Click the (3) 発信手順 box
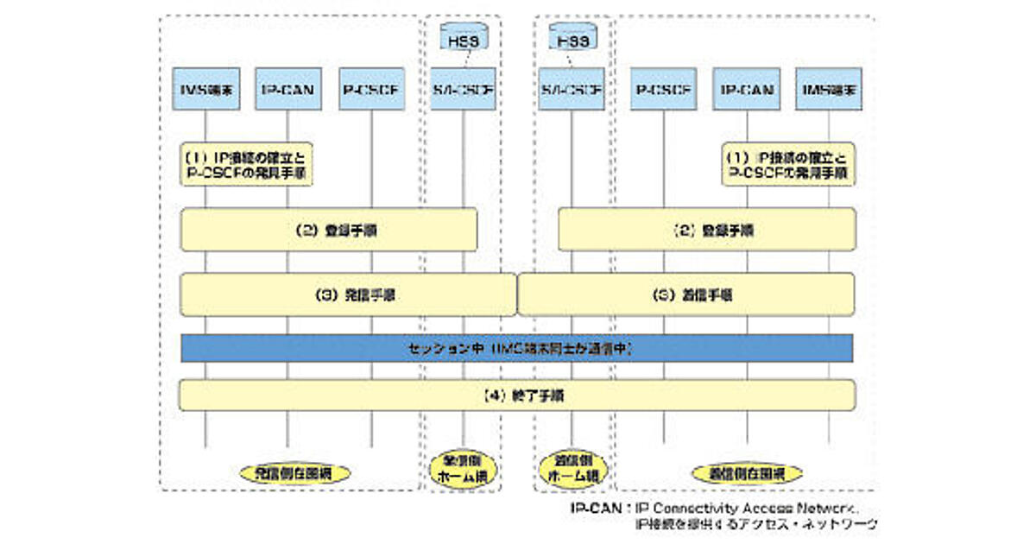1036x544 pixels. tap(348, 294)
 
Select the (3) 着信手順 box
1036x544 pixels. tap(686, 294)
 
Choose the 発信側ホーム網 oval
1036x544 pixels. tap(463, 470)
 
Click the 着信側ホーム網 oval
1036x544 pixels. tap(572, 470)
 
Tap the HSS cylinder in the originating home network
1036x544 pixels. tap(464, 37)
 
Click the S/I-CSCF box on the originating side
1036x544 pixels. tap(464, 89)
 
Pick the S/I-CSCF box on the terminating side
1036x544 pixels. tap(572, 89)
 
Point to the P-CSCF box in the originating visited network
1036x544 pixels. tap(372, 89)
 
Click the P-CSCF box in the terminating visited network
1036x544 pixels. tap(664, 89)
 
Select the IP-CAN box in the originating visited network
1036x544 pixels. tap(289, 89)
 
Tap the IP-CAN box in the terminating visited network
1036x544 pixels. tap(747, 89)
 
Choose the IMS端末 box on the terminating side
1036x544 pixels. tap(829, 89)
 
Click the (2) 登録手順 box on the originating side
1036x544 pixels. tap(329, 231)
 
